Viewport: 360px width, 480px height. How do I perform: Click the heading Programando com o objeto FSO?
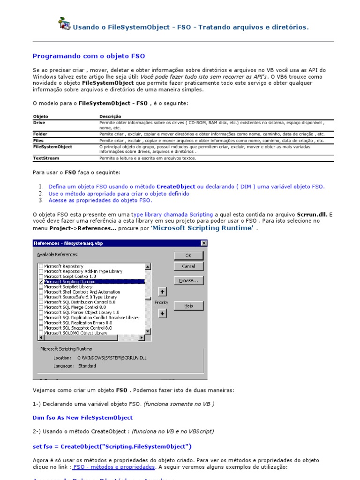click(89, 56)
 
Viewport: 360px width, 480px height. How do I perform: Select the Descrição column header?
click(110, 116)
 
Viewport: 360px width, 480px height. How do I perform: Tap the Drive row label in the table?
click(39, 122)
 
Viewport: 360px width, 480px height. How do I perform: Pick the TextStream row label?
click(46, 158)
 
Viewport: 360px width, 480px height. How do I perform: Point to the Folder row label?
click(40, 134)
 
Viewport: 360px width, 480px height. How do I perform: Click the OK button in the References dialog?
click(188, 255)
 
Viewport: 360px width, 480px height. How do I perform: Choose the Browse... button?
click(188, 281)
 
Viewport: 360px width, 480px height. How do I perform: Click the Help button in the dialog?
click(188, 306)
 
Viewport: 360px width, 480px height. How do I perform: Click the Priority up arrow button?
click(162, 292)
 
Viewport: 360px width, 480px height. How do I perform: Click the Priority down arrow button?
click(162, 314)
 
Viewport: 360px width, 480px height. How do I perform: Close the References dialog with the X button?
click(203, 243)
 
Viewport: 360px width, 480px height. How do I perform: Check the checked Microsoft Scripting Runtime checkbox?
click(41, 282)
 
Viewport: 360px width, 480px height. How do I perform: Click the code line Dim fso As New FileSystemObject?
click(82, 417)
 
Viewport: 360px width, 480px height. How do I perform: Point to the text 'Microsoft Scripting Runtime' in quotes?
click(202, 228)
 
